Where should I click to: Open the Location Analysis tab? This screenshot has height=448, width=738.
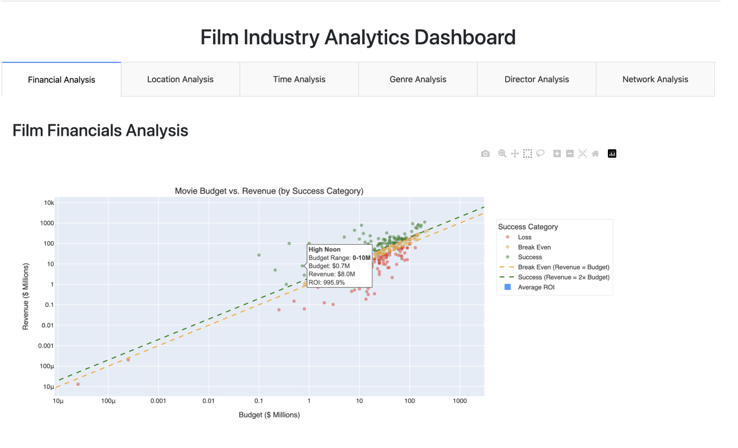click(180, 79)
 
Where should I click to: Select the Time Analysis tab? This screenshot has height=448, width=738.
click(299, 79)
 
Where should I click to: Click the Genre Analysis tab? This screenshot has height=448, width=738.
click(418, 79)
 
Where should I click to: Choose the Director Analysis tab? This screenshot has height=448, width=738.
click(536, 79)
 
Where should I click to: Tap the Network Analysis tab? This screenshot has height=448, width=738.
click(655, 79)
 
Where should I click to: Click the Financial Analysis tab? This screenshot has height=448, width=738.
click(62, 80)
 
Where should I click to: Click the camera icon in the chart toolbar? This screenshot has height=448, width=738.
click(485, 154)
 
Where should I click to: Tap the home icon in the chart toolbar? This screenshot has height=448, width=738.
click(595, 154)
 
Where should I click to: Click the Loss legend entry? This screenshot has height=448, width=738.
click(524, 237)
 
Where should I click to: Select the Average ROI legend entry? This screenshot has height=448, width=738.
click(536, 287)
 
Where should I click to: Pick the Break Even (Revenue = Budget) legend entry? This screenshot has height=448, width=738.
click(563, 267)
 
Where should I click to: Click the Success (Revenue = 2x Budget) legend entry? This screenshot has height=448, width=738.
click(563, 277)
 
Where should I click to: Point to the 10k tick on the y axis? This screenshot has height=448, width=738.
click(49, 203)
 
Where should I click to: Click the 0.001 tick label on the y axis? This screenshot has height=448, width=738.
click(46, 346)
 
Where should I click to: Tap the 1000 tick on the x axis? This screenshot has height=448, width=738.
click(460, 401)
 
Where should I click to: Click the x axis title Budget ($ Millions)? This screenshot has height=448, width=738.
click(269, 415)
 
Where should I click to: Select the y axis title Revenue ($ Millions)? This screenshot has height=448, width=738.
click(26, 296)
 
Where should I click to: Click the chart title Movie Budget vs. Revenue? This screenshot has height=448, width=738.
click(269, 191)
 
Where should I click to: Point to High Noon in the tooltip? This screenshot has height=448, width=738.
click(324, 250)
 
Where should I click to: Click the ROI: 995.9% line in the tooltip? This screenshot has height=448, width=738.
click(327, 282)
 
